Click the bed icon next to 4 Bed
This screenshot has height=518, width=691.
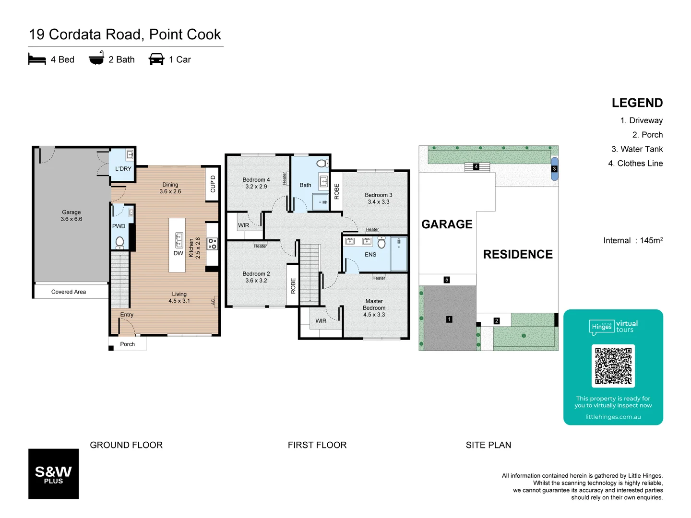tap(37, 59)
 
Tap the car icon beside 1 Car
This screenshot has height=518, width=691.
tap(156, 59)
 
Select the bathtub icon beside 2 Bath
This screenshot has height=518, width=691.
tap(96, 58)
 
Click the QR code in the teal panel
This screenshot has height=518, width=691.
tap(613, 366)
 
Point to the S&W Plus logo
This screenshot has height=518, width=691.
tap(53, 474)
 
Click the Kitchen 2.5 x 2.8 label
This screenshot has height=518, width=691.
tap(194, 248)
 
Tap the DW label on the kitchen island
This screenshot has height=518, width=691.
tap(178, 253)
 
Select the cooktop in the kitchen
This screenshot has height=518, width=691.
tap(212, 244)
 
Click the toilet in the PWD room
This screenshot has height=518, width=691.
tap(119, 242)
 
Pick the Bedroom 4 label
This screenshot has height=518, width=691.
tap(256, 183)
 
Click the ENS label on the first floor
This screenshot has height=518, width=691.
tap(370, 255)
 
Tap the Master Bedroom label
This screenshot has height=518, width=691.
tap(374, 308)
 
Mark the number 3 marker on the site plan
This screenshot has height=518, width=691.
tap(554, 169)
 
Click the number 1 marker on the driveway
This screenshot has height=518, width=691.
tap(449, 319)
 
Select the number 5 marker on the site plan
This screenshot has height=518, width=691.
tap(447, 280)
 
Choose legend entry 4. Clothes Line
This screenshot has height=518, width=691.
tap(635, 164)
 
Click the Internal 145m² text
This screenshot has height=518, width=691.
tap(633, 240)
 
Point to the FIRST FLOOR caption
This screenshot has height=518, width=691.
tap(317, 445)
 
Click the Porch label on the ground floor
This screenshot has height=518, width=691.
tap(127, 344)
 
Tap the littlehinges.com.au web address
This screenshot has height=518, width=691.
tap(613, 417)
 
